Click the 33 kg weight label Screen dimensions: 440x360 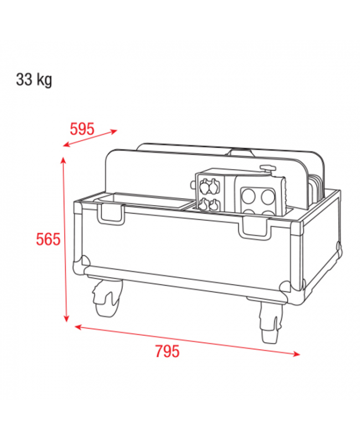click(x=34, y=80)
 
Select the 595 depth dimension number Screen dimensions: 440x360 click(x=82, y=129)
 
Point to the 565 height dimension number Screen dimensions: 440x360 click(x=48, y=239)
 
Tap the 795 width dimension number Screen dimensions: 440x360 click(x=167, y=351)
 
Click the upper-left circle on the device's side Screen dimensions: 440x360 click(x=249, y=195)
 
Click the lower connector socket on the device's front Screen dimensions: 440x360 click(x=208, y=204)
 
